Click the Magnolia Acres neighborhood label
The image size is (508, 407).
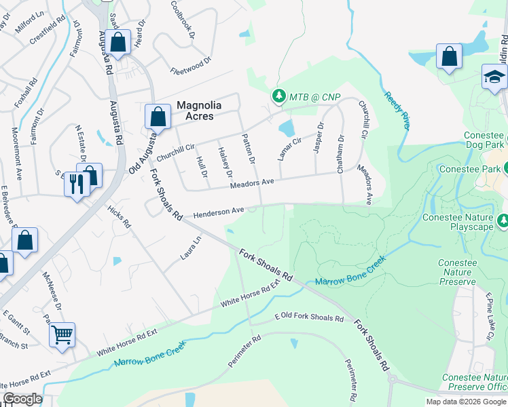(x=195, y=110)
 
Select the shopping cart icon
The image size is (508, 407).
(x=62, y=334)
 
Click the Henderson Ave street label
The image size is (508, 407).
(x=218, y=212)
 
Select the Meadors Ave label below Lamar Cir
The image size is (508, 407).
(x=251, y=182)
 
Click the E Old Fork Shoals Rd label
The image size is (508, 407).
(x=309, y=317)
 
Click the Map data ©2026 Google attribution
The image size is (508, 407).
(x=466, y=402)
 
